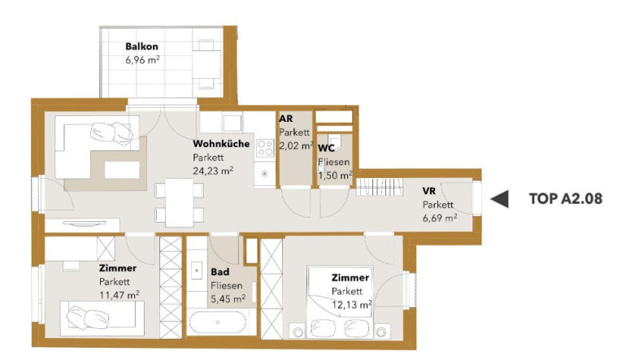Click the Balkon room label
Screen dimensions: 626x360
(141, 46)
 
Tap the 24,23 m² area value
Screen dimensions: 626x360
(213, 171)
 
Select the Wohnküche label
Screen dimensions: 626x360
(221, 144)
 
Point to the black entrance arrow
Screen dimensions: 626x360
(499, 199)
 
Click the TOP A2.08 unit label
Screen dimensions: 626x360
(566, 199)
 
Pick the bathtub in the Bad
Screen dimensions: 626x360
(218, 323)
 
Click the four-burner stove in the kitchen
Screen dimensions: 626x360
(265, 148)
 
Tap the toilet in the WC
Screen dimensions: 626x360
(334, 141)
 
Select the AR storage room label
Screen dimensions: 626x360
(286, 119)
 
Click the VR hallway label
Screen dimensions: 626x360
(429, 191)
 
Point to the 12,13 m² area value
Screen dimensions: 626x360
(352, 305)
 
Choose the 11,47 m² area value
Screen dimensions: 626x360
(120, 295)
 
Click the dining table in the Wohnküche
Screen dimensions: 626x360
(179, 202)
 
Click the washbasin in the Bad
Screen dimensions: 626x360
(197, 271)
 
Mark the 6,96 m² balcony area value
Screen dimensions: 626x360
(142, 60)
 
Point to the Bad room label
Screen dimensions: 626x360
(220, 272)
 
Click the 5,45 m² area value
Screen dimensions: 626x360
(228, 298)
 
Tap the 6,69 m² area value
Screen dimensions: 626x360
(440, 218)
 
